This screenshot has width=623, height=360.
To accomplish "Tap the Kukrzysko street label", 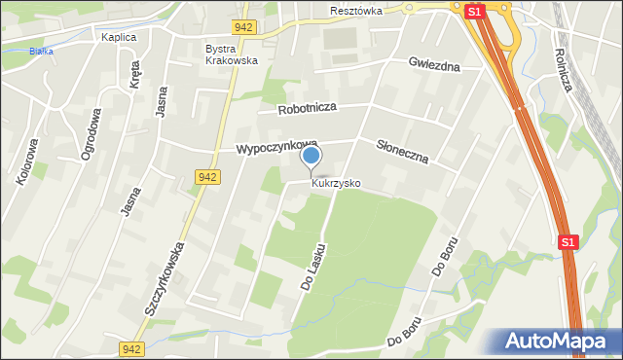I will pyautogui.click(x=336, y=183).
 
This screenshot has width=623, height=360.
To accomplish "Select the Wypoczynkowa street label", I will pyautogui.click(x=276, y=149).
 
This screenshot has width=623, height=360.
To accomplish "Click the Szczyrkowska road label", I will pyautogui.click(x=165, y=279).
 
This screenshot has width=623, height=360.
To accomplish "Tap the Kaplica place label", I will pyautogui.click(x=119, y=37).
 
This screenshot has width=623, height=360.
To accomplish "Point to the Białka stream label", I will pyautogui.click(x=40, y=51).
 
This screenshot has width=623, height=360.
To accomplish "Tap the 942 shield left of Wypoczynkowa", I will pyautogui.click(x=206, y=177).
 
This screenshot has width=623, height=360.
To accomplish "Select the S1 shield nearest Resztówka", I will pyautogui.click(x=473, y=12).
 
